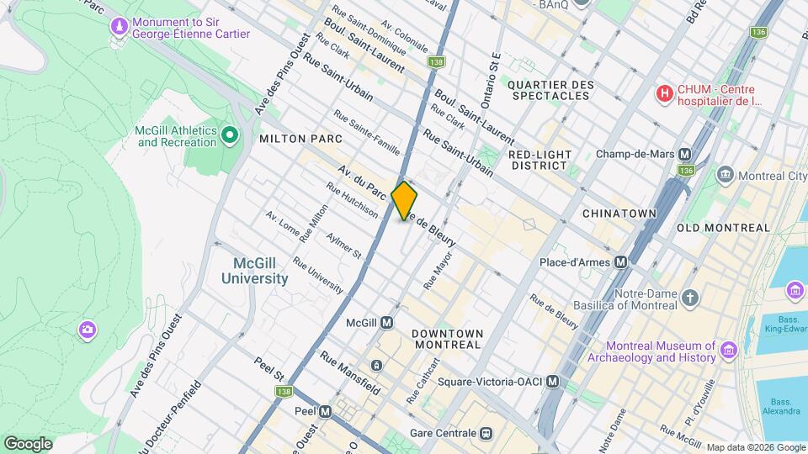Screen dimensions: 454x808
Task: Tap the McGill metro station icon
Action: (387, 323)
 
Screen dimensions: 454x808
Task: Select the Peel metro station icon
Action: (325, 412)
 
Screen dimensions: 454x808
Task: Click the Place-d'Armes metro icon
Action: (621, 262)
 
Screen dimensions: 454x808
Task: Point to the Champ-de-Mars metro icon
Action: (685, 155)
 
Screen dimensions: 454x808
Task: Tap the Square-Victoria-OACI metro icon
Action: (553, 382)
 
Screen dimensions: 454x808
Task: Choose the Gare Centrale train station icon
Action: (486, 433)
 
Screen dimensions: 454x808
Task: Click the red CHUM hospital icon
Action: (665, 93)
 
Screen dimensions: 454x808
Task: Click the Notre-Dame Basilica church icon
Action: (690, 298)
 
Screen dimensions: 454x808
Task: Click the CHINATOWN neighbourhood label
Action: (619, 214)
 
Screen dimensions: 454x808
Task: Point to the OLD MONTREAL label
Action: (723, 228)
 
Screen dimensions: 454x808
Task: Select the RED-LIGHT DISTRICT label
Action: (540, 160)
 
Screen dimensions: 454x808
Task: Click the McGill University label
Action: (255, 270)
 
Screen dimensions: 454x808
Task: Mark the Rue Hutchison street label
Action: (352, 199)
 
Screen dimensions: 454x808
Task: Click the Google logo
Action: (28, 443)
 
